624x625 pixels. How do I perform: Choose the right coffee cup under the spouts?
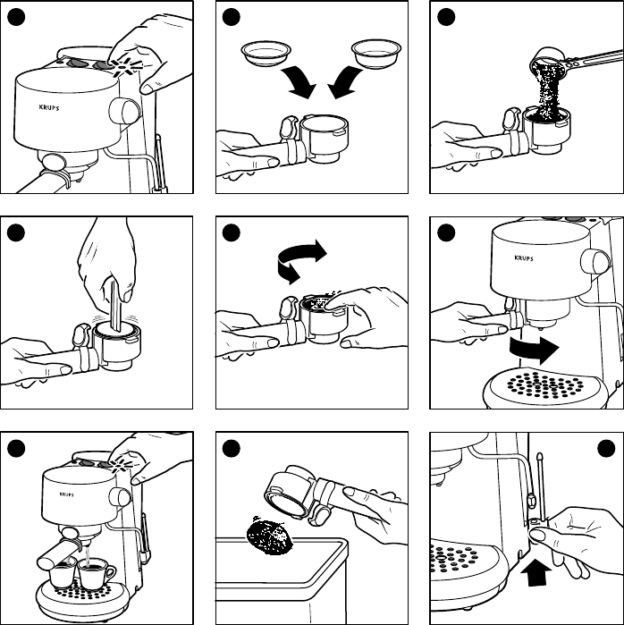96,570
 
